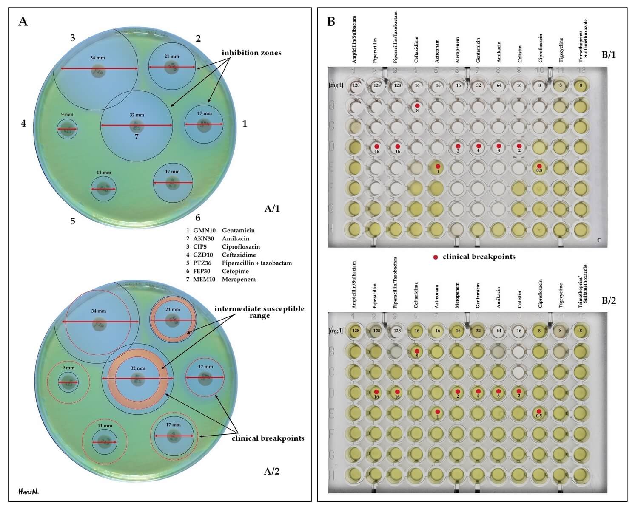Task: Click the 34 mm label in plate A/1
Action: pyautogui.click(x=97, y=58)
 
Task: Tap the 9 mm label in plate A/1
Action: pyautogui.click(x=67, y=115)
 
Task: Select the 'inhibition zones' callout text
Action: pyautogui.click(x=251, y=53)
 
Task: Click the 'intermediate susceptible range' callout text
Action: pyautogui.click(x=259, y=312)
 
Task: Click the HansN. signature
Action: pyautogui.click(x=28, y=492)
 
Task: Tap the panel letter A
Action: pyautogui.click(x=23, y=22)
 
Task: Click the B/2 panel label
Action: pyautogui.click(x=609, y=301)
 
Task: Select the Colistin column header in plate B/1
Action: pyautogui.click(x=519, y=54)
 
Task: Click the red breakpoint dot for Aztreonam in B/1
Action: pyautogui.click(x=438, y=166)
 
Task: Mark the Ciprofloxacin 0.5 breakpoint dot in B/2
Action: pyautogui.click(x=539, y=411)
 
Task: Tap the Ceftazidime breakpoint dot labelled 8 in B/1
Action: pyautogui.click(x=417, y=106)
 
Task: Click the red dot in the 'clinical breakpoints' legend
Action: pyautogui.click(x=436, y=257)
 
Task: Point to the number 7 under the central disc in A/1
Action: pyautogui.click(x=137, y=137)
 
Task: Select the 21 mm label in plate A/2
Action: pyautogui.click(x=173, y=310)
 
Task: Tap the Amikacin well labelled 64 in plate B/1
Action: pyautogui.click(x=499, y=85)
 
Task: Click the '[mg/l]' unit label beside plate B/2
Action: pyautogui.click(x=336, y=331)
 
